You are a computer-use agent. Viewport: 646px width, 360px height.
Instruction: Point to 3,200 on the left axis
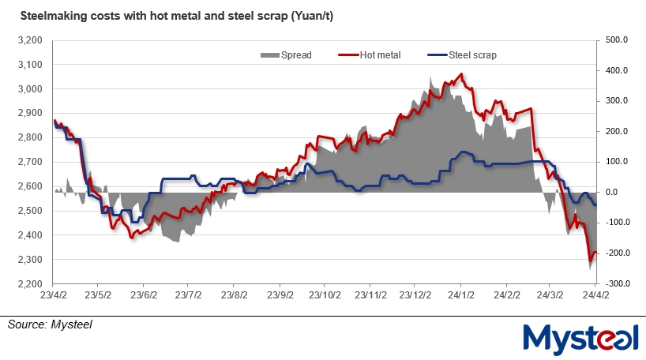click(x=30, y=39)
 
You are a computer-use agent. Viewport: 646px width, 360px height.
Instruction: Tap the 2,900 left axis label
click(x=30, y=113)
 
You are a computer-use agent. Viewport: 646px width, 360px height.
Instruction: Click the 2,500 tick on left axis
click(x=30, y=211)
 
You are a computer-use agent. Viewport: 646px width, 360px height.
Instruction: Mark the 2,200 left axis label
click(x=30, y=284)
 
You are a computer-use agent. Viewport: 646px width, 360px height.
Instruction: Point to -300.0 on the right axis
click(x=616, y=283)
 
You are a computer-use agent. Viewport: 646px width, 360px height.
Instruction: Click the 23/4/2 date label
click(x=52, y=297)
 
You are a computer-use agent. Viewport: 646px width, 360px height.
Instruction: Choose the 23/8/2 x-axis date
click(x=233, y=297)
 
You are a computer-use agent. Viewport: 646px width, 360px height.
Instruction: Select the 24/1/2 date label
click(x=460, y=297)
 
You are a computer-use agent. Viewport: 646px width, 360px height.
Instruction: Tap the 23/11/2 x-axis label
click(x=370, y=297)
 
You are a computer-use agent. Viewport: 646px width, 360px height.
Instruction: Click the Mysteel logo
click(x=581, y=336)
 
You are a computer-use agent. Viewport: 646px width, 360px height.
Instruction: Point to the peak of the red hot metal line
click(x=461, y=75)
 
